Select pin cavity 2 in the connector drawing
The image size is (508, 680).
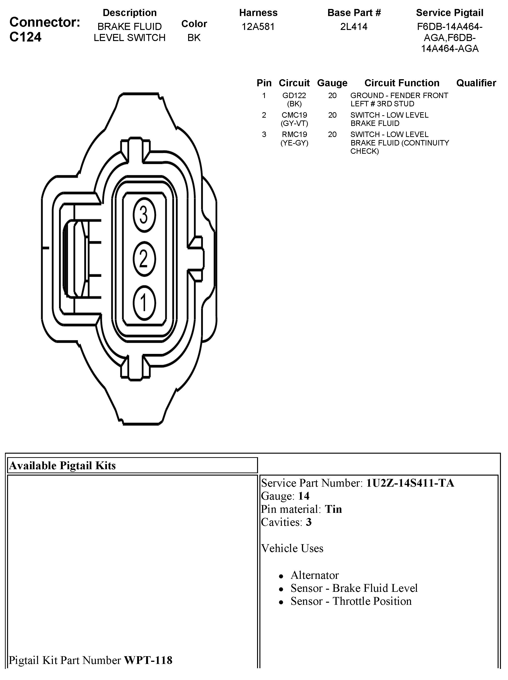(x=144, y=259)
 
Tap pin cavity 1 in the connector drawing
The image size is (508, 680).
(x=144, y=303)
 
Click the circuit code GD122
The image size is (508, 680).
(x=294, y=95)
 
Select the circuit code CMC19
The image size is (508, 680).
(x=294, y=115)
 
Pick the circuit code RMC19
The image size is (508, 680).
(x=294, y=135)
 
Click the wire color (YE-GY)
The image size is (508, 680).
(x=294, y=143)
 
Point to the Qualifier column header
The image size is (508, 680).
(x=476, y=83)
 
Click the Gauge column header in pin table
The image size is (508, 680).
(x=332, y=83)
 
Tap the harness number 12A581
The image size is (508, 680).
(x=258, y=27)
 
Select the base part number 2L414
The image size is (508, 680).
(x=354, y=27)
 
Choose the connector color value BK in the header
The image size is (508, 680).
(x=194, y=37)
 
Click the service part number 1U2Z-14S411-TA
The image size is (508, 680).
(x=410, y=483)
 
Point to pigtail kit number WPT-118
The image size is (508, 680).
(x=148, y=660)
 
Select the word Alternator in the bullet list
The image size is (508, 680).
(x=315, y=575)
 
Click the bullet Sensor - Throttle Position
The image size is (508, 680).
(x=351, y=601)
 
